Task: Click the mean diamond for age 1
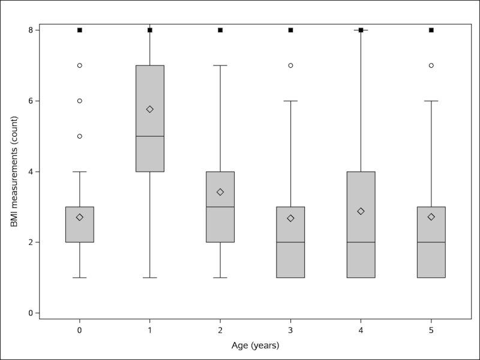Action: tap(150, 109)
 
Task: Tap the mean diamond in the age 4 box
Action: tap(361, 211)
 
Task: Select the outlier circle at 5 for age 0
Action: tap(80, 136)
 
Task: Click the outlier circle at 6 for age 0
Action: tap(80, 101)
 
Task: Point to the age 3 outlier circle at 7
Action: tap(290, 65)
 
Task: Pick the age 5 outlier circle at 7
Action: tap(431, 65)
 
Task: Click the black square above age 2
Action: tap(220, 30)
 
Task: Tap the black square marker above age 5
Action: tap(431, 30)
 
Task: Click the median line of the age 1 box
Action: tap(150, 136)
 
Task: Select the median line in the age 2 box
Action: tap(220, 207)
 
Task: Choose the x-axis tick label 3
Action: tap(290, 331)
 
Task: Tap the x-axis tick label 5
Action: tap(431, 331)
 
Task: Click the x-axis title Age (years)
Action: tap(255, 346)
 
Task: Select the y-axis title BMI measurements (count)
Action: tap(14, 172)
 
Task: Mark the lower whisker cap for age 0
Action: tap(80, 278)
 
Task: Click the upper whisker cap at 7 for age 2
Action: tap(220, 65)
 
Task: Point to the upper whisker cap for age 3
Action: tap(290, 101)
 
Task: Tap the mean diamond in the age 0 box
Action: tap(80, 217)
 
